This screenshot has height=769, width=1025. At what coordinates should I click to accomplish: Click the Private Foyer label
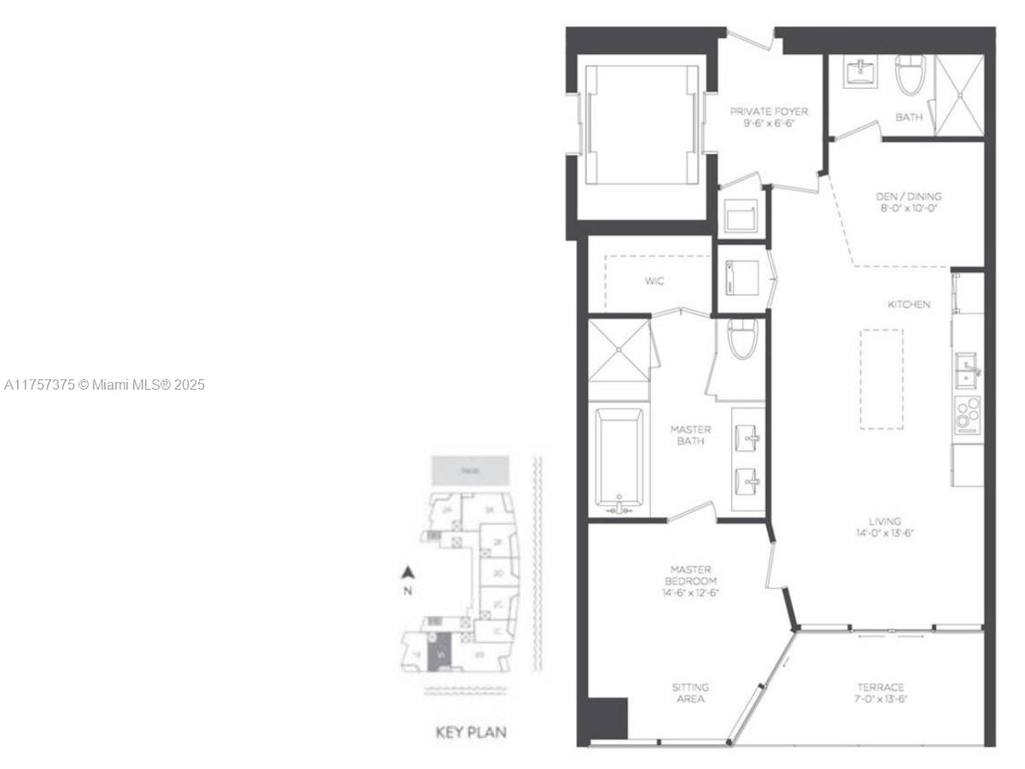pos(768,117)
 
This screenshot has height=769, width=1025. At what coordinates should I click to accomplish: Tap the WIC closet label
pos(654,280)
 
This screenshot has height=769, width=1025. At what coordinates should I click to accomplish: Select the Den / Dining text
pos(908,202)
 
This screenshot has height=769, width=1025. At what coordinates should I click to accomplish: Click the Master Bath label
pos(690,435)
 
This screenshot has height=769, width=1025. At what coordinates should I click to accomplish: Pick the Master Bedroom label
pos(690,580)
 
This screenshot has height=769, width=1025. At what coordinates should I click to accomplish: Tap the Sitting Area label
pos(690,693)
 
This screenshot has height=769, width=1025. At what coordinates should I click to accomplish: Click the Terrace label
pos(881,693)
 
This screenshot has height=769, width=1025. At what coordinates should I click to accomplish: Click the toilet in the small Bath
pos(911,74)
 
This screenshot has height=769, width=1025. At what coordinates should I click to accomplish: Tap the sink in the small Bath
pos(856,72)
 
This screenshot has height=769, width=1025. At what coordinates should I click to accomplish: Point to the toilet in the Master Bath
pos(740,340)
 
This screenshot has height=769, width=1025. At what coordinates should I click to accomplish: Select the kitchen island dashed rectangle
pos(881,379)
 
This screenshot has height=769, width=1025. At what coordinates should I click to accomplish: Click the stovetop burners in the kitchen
pos(968,414)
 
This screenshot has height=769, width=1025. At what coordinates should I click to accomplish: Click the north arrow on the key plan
pos(408,573)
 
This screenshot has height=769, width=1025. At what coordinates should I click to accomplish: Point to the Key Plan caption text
pos(471,732)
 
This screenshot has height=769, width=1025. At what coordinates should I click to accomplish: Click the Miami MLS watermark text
pos(104,385)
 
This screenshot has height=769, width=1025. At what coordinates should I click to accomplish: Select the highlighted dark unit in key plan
pos(438,656)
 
